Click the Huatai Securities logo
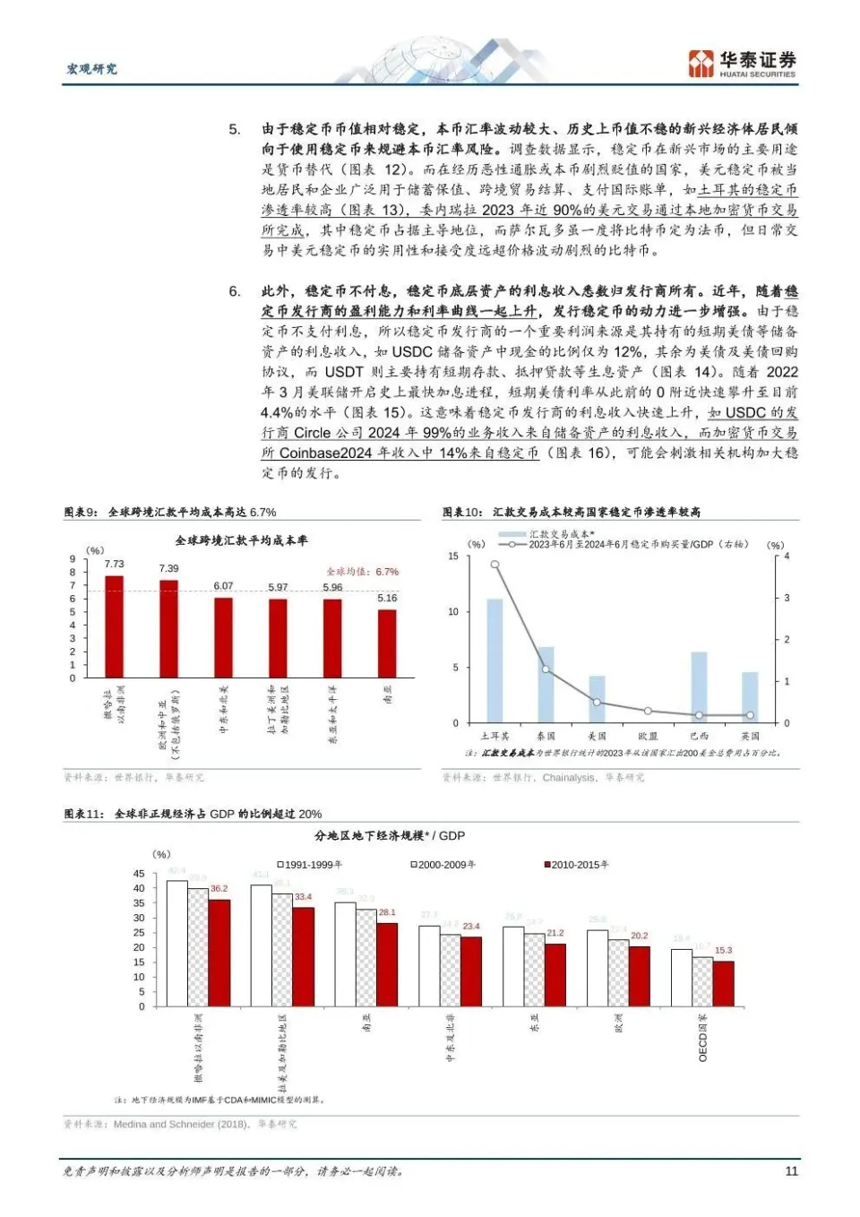[742, 64]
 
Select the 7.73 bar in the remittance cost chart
[114, 626]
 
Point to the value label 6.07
[223, 586]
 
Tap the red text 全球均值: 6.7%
[363, 572]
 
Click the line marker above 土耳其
[494, 565]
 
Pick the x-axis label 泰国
[546, 737]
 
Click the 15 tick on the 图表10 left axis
[453, 557]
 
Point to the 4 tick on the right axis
[787, 557]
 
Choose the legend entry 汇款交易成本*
[561, 534]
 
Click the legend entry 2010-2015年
[577, 865]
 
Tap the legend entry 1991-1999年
[310, 865]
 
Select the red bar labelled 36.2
[219, 952]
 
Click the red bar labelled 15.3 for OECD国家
[723, 983]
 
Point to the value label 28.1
[387, 912]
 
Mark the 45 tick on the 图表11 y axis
[139, 874]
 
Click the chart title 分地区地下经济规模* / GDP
[390, 835]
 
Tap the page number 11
[791, 1170]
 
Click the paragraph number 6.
[234, 291]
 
